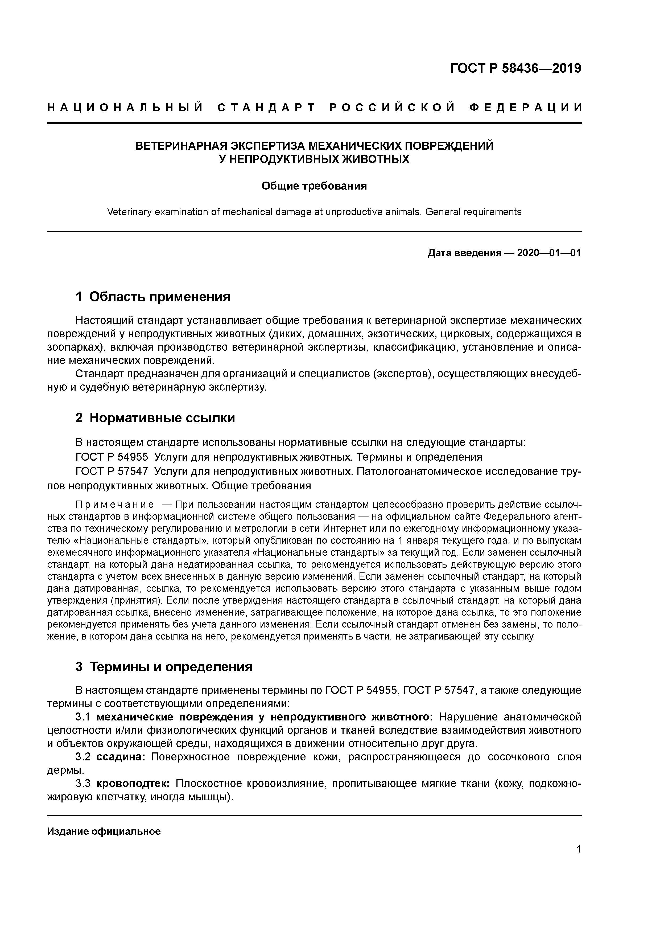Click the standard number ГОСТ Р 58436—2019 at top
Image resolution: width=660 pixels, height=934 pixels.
(x=516, y=68)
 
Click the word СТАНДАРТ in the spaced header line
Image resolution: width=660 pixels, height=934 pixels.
(x=267, y=108)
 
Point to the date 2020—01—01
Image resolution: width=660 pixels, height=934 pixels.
(x=548, y=253)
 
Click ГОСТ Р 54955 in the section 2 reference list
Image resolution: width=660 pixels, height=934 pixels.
(x=112, y=457)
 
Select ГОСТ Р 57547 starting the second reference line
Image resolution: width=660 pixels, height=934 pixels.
(x=112, y=472)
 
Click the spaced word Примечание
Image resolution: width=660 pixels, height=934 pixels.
(x=115, y=505)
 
